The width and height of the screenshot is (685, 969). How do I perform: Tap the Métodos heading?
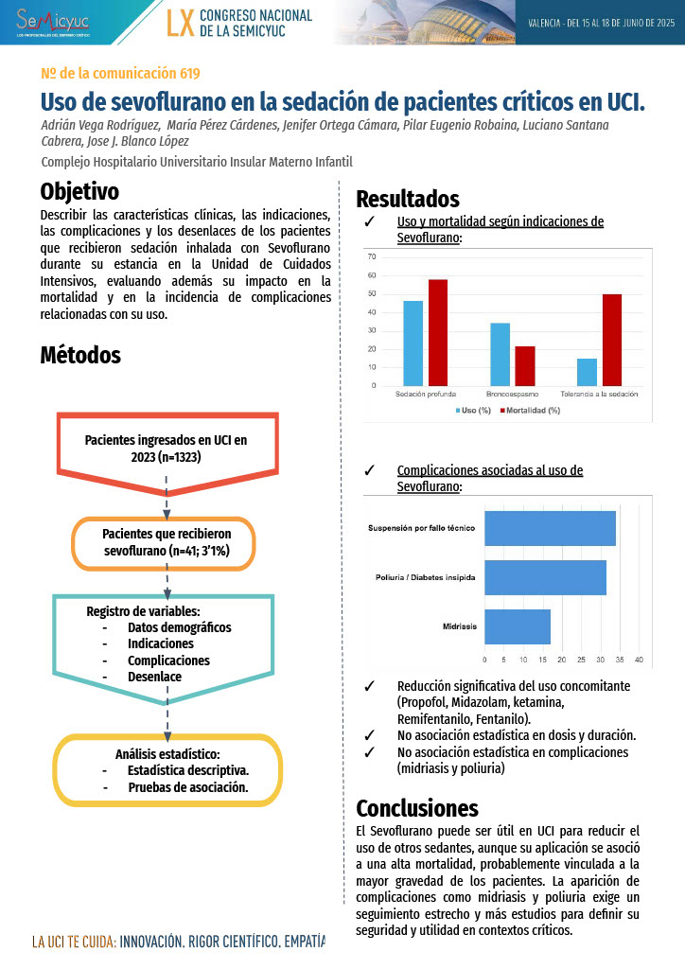tap(80, 355)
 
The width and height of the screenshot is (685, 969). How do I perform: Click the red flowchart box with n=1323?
tap(167, 448)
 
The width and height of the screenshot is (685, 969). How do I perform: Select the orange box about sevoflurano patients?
tap(167, 542)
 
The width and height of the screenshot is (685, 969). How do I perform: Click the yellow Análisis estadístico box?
tap(167, 770)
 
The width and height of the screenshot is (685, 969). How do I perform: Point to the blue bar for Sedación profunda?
tap(413, 343)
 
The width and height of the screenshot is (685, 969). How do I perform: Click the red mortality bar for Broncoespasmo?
tap(525, 365)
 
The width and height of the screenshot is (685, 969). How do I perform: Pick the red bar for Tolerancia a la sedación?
tap(612, 340)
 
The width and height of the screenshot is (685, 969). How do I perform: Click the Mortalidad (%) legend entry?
tap(531, 411)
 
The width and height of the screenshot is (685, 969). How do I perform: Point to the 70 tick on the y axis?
tap(372, 256)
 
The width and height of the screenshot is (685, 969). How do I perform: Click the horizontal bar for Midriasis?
tap(517, 626)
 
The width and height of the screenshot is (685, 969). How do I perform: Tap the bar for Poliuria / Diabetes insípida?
tap(545, 577)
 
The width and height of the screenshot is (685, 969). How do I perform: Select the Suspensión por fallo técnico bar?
tap(550, 528)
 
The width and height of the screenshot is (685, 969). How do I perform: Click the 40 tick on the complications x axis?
tap(639, 660)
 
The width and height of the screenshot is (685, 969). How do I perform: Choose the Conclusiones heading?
tap(416, 808)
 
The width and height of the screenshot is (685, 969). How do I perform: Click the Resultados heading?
tap(407, 199)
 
